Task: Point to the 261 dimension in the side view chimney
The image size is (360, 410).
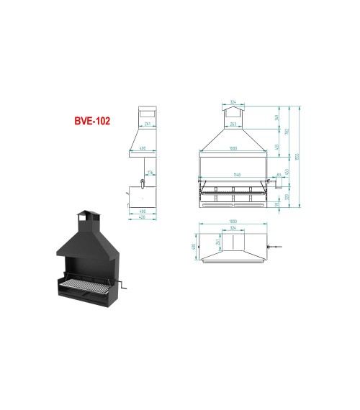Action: (147, 125)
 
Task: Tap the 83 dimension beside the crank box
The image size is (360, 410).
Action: (278, 175)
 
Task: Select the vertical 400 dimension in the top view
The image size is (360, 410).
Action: (194, 247)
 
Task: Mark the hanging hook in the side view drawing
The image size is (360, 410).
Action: (143, 183)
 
